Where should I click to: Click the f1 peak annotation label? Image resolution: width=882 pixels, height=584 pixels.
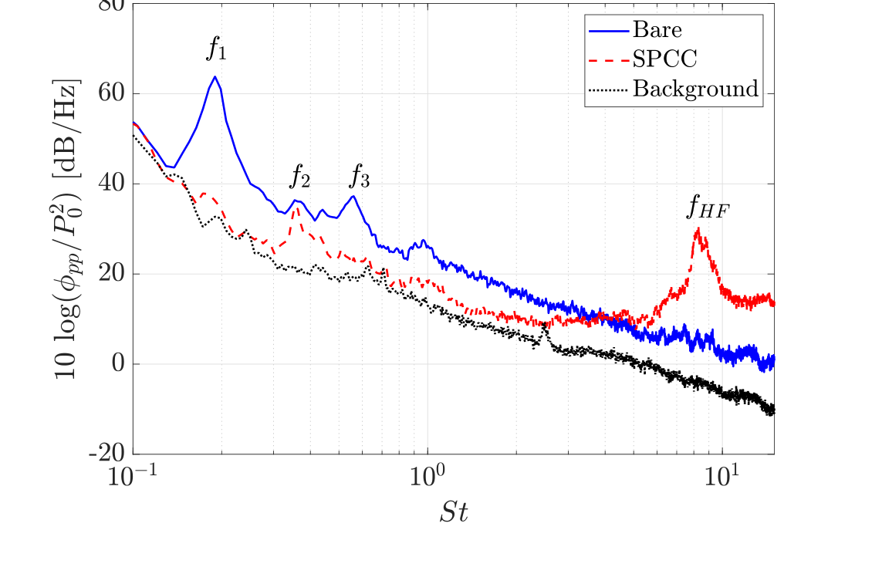[x=216, y=49]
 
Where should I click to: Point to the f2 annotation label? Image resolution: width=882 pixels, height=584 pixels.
[x=300, y=177]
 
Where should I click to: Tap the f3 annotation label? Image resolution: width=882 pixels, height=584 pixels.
[x=360, y=177]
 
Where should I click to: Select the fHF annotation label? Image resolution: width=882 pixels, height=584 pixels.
[x=708, y=208]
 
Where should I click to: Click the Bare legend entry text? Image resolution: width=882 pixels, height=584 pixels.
[x=657, y=30]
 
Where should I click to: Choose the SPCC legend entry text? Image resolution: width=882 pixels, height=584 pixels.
[x=664, y=59]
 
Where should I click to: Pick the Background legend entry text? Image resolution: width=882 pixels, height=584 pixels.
[x=695, y=89]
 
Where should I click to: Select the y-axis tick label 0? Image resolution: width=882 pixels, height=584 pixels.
[x=117, y=364]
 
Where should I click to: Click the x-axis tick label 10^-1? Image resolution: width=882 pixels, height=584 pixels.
[x=134, y=477]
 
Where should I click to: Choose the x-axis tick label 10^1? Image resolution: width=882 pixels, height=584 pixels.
[x=722, y=477]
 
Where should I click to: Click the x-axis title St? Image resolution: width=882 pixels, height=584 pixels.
[x=454, y=513]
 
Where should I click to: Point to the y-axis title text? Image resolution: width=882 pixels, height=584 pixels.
[x=69, y=228]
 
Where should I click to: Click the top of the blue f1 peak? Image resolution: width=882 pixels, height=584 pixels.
[x=215, y=76]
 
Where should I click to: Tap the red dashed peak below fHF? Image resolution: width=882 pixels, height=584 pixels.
[x=698, y=229]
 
